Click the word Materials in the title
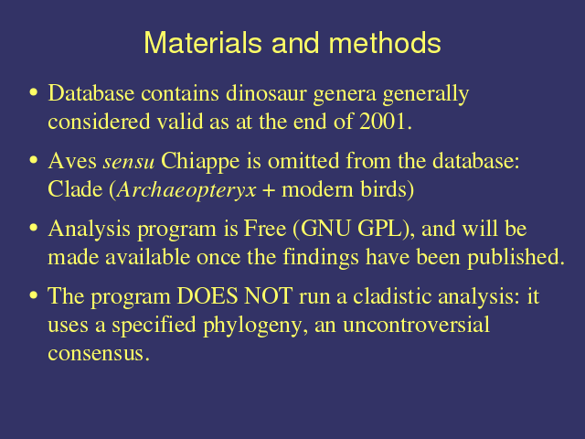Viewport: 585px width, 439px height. tap(203, 43)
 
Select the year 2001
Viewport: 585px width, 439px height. tap(382, 122)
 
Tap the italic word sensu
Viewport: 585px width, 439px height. tap(129, 163)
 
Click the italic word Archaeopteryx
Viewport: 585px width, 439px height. tap(186, 190)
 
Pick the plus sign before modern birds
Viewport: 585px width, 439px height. tap(269, 191)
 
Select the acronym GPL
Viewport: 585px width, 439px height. tap(379, 229)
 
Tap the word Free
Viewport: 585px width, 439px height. tap(264, 229)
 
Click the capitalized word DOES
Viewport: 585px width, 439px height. tap(207, 296)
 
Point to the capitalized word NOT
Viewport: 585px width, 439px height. tap(268, 296)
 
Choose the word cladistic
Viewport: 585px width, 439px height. tap(392, 296)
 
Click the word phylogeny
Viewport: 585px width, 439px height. tap(255, 326)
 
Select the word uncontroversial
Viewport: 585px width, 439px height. tap(416, 325)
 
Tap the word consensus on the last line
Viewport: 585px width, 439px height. tap(96, 354)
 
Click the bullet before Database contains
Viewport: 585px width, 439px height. tap(34, 92)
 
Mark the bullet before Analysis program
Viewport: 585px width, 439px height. tap(34, 228)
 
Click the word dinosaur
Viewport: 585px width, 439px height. tap(266, 93)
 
